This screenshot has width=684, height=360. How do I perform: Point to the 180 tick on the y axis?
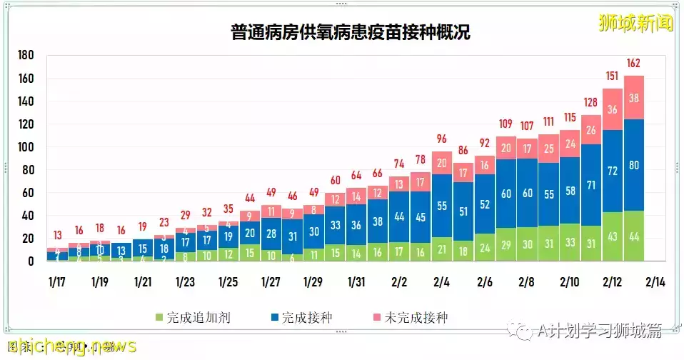tap(26, 56)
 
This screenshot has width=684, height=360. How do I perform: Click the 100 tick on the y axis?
tap(26, 147)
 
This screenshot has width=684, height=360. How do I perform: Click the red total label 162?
tap(634, 64)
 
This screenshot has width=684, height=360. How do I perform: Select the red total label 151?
tap(613, 76)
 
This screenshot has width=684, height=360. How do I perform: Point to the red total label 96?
tap(441, 139)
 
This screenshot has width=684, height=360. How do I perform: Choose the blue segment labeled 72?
tap(613, 171)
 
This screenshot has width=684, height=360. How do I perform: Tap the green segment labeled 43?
tap(613, 236)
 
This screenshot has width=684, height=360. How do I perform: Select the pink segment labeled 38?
tap(634, 98)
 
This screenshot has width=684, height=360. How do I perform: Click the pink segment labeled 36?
tap(613, 109)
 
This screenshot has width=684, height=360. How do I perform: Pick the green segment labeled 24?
tap(484, 248)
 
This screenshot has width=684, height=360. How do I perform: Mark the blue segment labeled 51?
tap(463, 211)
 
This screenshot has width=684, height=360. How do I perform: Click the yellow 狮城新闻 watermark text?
tap(635, 22)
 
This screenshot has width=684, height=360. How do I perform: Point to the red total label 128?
tap(591, 103)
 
